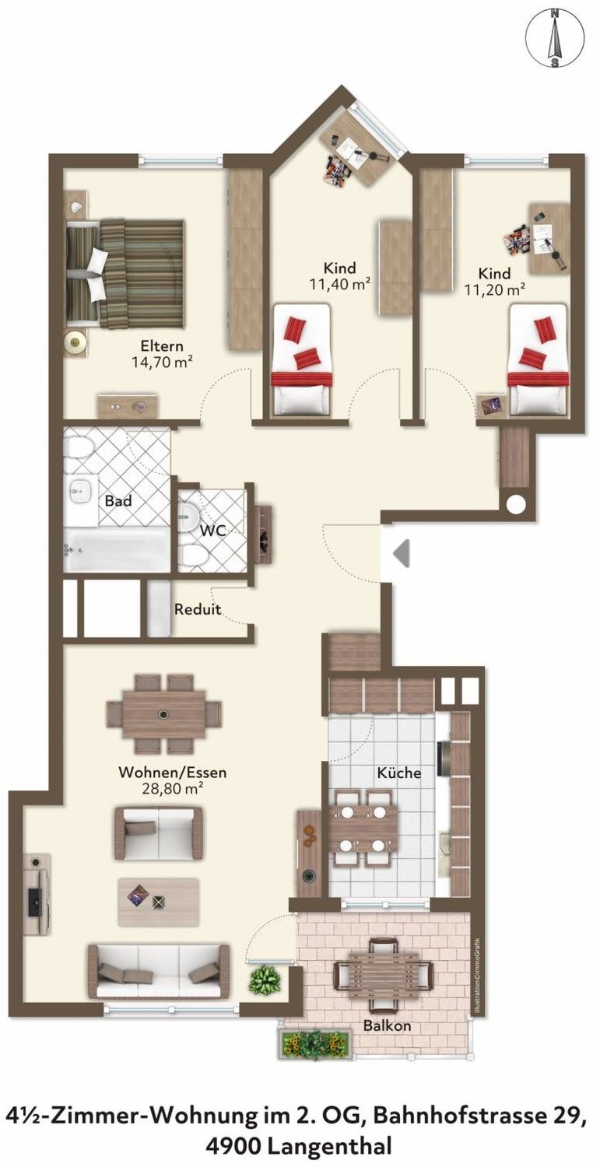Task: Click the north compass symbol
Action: tap(555, 40)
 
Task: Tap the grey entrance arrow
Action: tap(402, 552)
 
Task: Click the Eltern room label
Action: tap(162, 345)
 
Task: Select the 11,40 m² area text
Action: tap(340, 285)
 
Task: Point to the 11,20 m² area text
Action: tap(494, 289)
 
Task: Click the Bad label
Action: tap(118, 501)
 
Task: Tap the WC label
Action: tap(213, 531)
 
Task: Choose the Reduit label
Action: tap(198, 609)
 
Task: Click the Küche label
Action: tap(399, 772)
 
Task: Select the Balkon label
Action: tap(388, 1026)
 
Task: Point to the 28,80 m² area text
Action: tap(173, 789)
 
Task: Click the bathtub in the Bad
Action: tap(117, 550)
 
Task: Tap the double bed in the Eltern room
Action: tap(125, 274)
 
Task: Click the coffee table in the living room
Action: tap(159, 902)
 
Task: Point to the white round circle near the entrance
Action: tap(516, 504)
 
